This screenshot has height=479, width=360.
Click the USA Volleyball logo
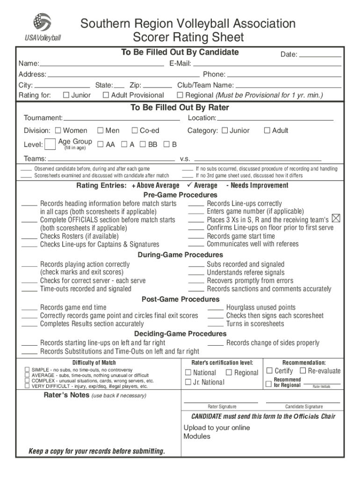click(x=42, y=27)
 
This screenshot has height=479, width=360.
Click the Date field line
click(x=320, y=56)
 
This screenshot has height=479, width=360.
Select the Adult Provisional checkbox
click(x=106, y=95)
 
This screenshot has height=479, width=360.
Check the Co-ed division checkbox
click(x=135, y=131)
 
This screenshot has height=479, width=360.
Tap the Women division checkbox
click(x=58, y=131)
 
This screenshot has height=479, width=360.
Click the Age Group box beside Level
click(x=50, y=145)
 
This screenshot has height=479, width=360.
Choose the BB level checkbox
click(x=143, y=145)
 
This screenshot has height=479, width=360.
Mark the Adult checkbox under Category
click(x=267, y=131)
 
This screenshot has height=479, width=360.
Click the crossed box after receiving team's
click(x=336, y=218)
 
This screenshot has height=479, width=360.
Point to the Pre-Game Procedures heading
click(x=180, y=195)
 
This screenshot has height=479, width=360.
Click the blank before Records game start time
click(x=196, y=236)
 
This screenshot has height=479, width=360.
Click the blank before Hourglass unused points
click(x=215, y=308)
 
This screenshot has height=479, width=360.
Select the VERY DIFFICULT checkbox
click(x=27, y=386)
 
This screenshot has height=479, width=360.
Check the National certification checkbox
click(x=188, y=373)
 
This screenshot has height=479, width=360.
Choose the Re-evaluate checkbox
click(x=303, y=371)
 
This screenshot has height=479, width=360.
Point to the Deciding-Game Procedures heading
click(x=180, y=334)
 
